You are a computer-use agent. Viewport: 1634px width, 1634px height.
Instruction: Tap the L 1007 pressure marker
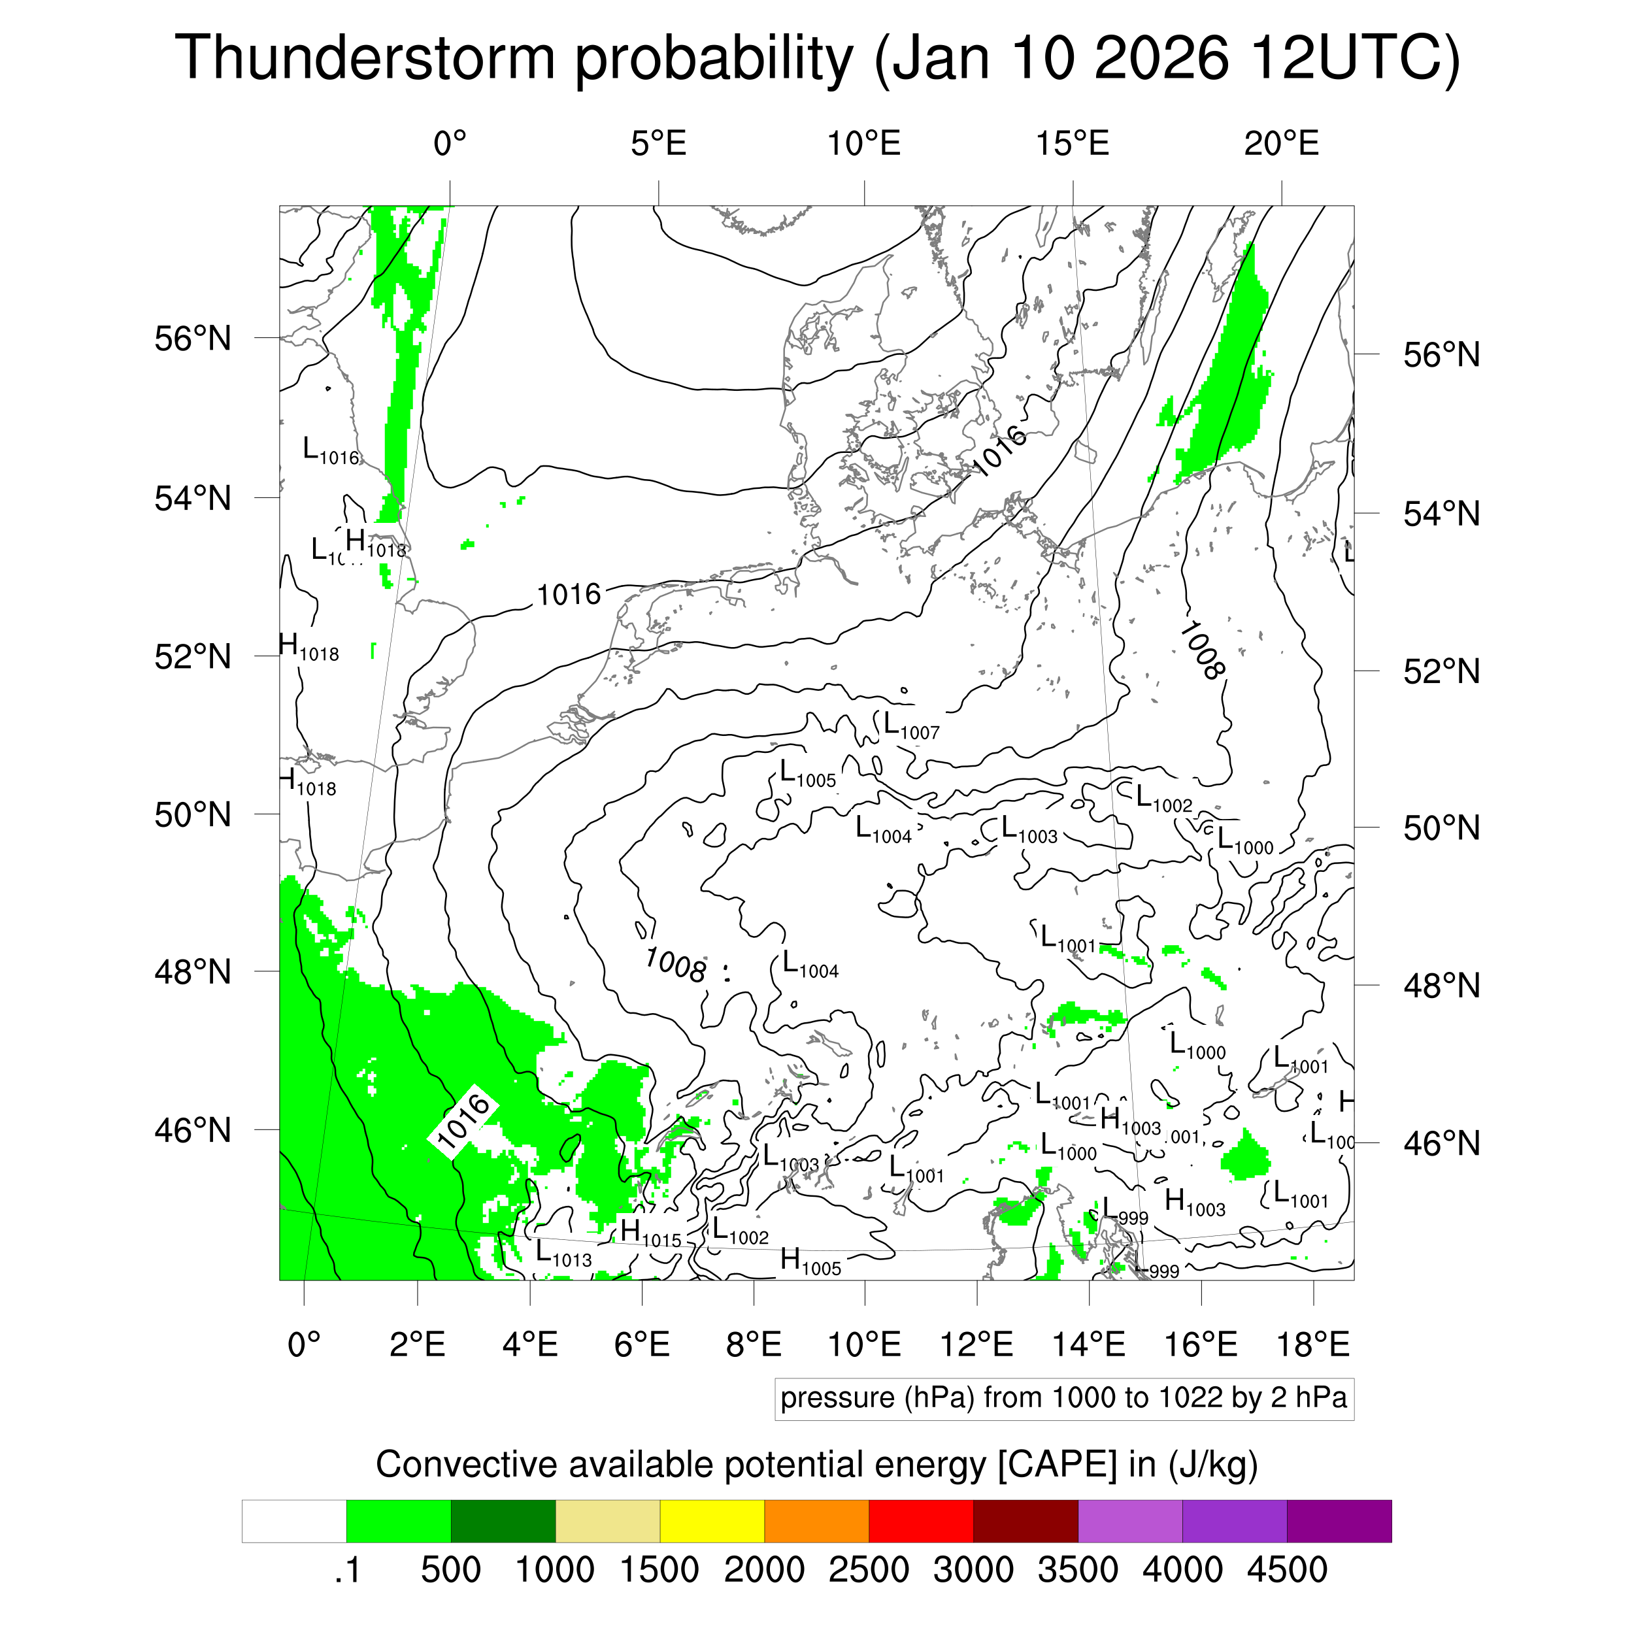[911, 725]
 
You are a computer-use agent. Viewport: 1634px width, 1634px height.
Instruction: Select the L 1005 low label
[807, 774]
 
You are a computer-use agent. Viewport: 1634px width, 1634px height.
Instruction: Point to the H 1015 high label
[650, 1233]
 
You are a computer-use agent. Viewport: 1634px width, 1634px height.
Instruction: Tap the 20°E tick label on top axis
[1280, 144]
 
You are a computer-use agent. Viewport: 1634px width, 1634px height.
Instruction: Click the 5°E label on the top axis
[658, 144]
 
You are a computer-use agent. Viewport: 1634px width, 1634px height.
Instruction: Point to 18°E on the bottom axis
[1312, 1344]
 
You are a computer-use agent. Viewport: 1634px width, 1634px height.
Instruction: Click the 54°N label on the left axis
[193, 498]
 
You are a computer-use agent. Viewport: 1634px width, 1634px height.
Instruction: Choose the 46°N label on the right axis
[1441, 1143]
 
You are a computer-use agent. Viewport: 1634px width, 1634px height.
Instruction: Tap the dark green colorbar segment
[503, 1521]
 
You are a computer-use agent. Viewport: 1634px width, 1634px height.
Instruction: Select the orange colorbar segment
[816, 1521]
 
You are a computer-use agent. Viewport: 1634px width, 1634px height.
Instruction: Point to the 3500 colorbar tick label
[1078, 1570]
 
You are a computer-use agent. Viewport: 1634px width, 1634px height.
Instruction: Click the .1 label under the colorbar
[347, 1570]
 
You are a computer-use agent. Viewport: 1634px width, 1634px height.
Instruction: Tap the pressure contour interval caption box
[1063, 1398]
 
